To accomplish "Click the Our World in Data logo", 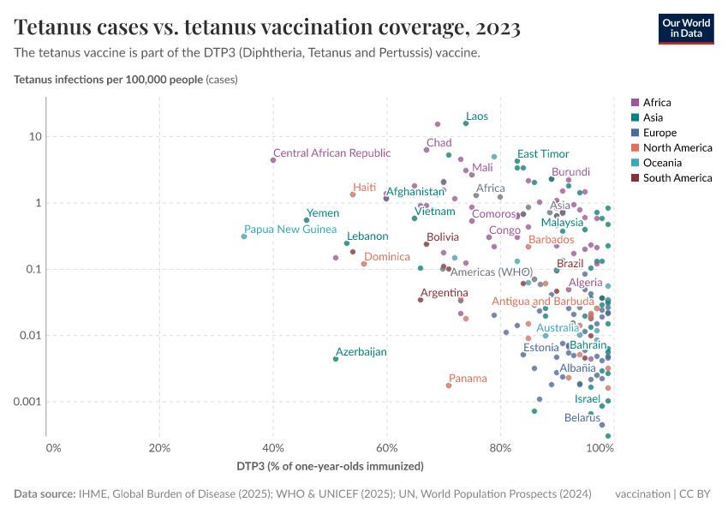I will tap(685, 28).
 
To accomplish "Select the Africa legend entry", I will tap(656, 102).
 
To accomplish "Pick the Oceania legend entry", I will tap(661, 163).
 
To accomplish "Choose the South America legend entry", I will tap(677, 178).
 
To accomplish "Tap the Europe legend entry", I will tap(659, 133).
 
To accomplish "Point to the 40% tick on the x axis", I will tap(273, 448).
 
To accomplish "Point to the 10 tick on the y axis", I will tap(35, 137).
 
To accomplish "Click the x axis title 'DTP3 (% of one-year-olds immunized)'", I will tap(330, 466).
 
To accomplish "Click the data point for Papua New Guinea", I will tap(244, 236).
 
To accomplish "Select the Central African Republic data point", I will tap(273, 160).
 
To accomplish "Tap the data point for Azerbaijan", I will tap(336, 359).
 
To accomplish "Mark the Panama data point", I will tap(449, 385).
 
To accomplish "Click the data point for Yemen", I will tap(307, 220).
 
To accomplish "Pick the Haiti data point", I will tap(352, 194).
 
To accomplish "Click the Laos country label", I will tap(477, 117).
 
